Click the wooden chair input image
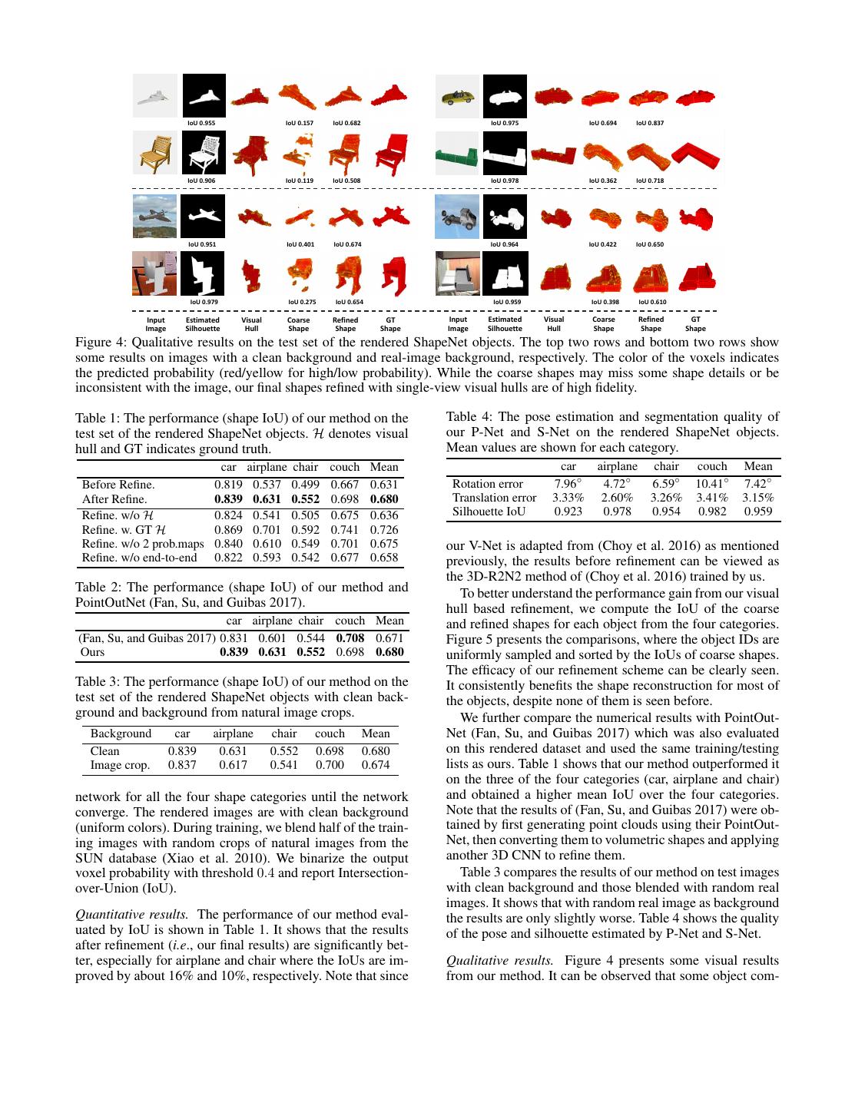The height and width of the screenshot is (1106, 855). click(155, 152)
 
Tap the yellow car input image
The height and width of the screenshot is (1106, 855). click(458, 98)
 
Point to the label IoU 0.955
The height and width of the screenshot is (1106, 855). click(201, 123)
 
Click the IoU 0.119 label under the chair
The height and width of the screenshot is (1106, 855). click(299, 180)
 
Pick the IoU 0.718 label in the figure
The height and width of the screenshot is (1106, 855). click(650, 180)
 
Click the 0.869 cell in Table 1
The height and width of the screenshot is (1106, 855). click(228, 529)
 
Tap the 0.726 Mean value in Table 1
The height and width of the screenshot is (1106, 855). click(384, 529)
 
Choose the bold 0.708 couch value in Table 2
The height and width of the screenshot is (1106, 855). click(350, 637)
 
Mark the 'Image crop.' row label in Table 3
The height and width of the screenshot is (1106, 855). click(120, 765)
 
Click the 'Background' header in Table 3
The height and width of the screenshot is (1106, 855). click(121, 733)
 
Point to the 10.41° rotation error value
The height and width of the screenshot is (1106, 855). click(712, 484)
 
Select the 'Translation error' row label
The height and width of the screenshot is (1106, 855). click(494, 498)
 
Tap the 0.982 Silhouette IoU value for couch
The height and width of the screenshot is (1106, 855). click(712, 512)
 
